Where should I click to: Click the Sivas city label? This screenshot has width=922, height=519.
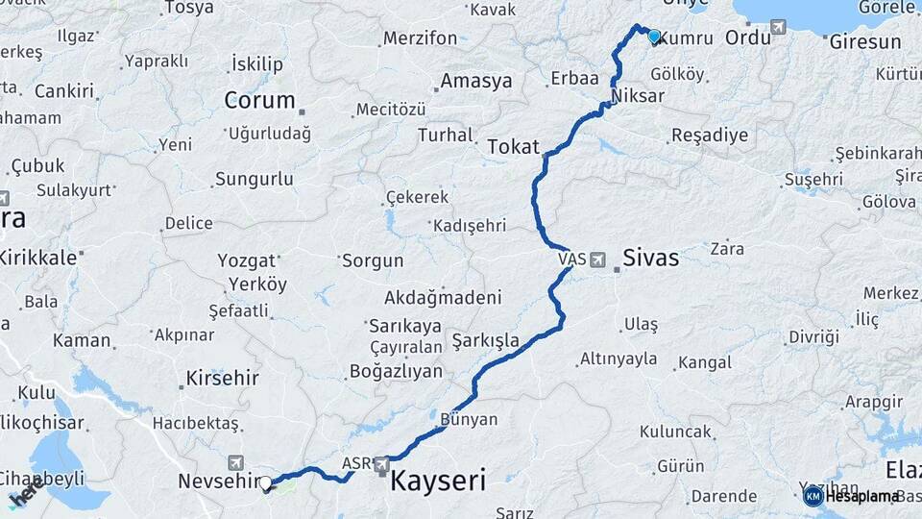pos(650,258)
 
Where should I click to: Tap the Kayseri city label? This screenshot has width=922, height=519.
pos(437,481)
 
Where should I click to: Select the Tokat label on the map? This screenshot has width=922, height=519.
pos(514,146)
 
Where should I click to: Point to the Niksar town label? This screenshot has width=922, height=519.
pos(637,96)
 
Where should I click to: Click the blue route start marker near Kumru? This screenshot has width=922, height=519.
pos(654,37)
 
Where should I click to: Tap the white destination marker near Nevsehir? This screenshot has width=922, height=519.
pos(266,483)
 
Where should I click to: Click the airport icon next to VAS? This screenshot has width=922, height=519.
pos(598,259)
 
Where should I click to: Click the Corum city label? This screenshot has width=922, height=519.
pos(259,100)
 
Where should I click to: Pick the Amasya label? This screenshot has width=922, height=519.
pos(477,81)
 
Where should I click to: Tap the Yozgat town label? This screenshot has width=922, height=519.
pos(247,260)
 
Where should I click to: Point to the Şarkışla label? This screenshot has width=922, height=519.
pos(486,340)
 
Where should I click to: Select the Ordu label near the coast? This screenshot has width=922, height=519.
pos(747,37)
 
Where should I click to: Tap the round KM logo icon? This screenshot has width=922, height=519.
pos(813,496)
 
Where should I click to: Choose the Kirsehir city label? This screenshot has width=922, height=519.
pos(223,377)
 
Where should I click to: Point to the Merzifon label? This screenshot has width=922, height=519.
pos(421,38)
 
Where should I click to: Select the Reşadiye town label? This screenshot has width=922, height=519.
pos(709,135)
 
